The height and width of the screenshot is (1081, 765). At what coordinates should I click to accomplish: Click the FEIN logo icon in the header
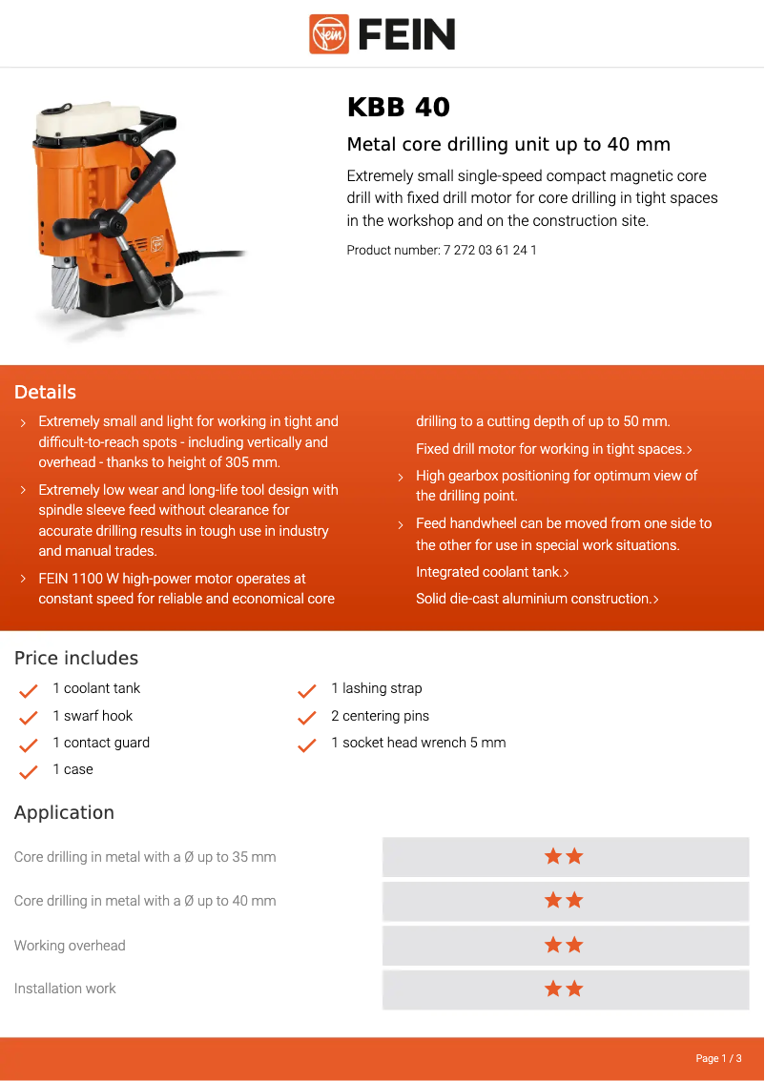point(329,34)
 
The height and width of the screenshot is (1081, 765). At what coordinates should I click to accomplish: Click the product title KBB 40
point(398,107)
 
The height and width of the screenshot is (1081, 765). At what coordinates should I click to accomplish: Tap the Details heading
point(45,392)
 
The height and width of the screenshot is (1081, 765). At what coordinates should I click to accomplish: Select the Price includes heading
point(76,658)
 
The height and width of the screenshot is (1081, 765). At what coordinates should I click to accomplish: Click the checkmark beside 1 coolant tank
point(29,690)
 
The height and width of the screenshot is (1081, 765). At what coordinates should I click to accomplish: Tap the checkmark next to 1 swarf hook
point(29,717)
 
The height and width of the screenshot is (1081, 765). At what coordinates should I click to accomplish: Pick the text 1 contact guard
point(101,743)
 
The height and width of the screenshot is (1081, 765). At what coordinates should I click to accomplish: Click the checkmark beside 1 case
point(29,771)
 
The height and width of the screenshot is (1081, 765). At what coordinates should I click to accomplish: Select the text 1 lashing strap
point(376,688)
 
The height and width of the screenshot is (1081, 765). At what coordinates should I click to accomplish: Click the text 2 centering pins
point(380,716)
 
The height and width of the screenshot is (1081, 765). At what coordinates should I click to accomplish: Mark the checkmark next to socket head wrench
point(307,744)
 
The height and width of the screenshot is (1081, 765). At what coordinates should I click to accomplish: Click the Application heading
point(64,812)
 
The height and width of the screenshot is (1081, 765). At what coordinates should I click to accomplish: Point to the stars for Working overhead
point(564,945)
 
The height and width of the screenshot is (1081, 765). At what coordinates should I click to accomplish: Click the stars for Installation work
point(564,989)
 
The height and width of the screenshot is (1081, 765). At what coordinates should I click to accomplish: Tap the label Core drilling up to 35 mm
point(145,857)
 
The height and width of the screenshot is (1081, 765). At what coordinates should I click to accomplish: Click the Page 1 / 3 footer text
point(717,1058)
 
